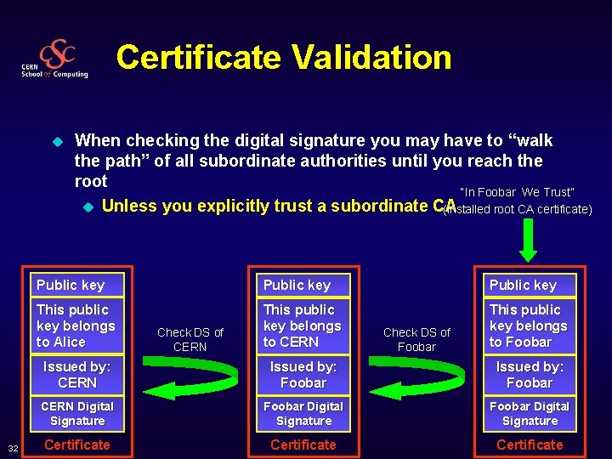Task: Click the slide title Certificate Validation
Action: pyautogui.click(x=284, y=58)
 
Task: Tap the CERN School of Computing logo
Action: pyautogui.click(x=56, y=59)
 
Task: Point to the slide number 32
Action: pyautogui.click(x=13, y=447)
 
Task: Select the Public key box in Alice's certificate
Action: pyautogui.click(x=77, y=285)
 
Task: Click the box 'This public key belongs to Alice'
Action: pyautogui.click(x=77, y=326)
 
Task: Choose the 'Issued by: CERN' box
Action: pyautogui.click(x=77, y=374)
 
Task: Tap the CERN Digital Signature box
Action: pyautogui.click(x=77, y=413)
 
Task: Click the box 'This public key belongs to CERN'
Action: pyautogui.click(x=303, y=326)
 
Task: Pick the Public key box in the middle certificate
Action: pyautogui.click(x=303, y=285)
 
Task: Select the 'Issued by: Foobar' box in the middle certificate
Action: pyautogui.click(x=303, y=374)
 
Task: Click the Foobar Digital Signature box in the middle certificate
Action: pyautogui.click(x=303, y=413)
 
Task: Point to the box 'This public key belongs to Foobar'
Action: pyautogui.click(x=530, y=326)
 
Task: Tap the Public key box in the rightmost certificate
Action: pyautogui.click(x=530, y=285)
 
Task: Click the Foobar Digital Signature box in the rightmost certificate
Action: pyautogui.click(x=530, y=413)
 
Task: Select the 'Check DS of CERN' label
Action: pyautogui.click(x=190, y=339)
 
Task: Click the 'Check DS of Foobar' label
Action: pyautogui.click(x=416, y=339)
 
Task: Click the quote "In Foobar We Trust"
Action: pyautogui.click(x=517, y=192)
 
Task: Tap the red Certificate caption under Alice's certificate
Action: pyautogui.click(x=77, y=445)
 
